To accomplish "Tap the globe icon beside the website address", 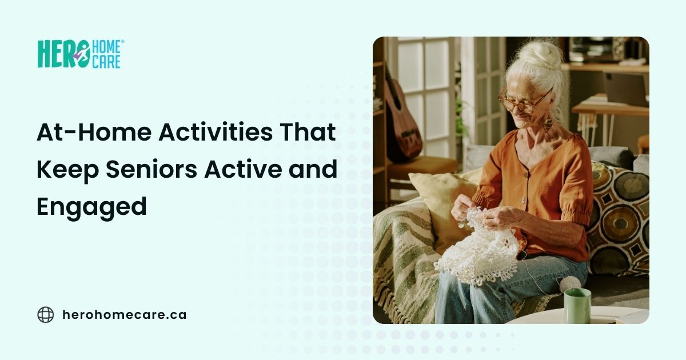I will (x=45, y=314).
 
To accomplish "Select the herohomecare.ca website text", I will (x=123, y=314).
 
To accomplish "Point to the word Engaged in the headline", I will (x=91, y=207).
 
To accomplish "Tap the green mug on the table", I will (x=577, y=305).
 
